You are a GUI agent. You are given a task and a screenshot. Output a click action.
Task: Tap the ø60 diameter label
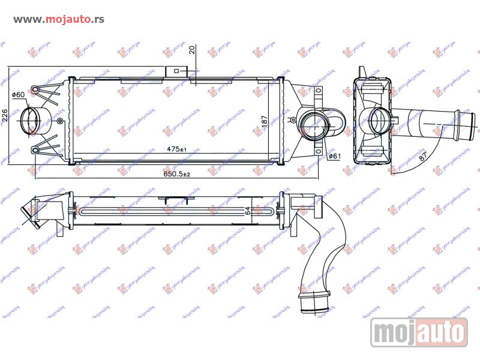click(19, 95)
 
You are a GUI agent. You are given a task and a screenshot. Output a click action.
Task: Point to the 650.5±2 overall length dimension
click(177, 174)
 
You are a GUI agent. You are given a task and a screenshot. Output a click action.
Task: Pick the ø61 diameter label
click(334, 157)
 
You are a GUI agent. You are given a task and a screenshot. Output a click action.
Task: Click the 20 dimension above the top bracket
click(191, 50)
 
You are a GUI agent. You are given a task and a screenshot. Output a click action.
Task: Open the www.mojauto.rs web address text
click(58, 19)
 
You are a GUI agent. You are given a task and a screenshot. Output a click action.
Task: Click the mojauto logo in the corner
click(418, 331)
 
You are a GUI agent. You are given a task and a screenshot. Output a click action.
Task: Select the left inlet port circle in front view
click(31, 120)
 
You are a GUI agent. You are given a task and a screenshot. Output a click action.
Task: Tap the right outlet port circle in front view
click(314, 124)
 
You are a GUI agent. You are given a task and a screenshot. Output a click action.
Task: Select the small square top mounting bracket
click(176, 71)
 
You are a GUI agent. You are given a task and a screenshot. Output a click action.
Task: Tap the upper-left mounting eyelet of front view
click(35, 91)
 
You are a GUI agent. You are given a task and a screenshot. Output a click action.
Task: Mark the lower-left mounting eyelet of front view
click(35, 149)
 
